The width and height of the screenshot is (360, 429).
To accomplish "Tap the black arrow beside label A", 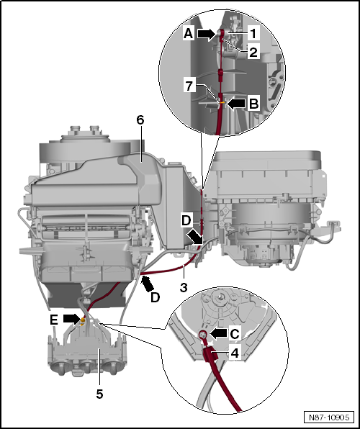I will [206, 33].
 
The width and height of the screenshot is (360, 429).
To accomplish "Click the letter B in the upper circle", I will [253, 104].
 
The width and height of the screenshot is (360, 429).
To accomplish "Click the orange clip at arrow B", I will [222, 103].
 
